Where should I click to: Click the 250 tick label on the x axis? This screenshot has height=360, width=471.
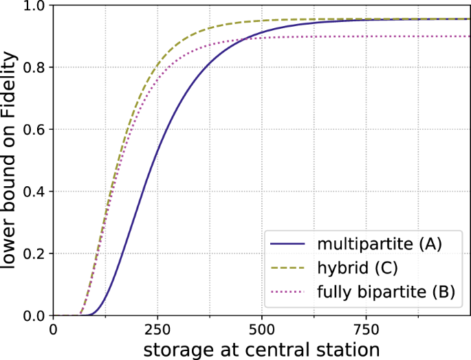click(157, 328)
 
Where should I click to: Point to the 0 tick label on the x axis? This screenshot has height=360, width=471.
click(54, 328)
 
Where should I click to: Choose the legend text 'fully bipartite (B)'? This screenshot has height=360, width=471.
click(386, 292)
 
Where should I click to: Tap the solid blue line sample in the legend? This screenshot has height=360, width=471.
click(288, 244)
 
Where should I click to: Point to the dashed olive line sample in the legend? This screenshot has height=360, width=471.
click(288, 268)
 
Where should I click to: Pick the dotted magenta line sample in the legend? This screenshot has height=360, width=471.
click(288, 293)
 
